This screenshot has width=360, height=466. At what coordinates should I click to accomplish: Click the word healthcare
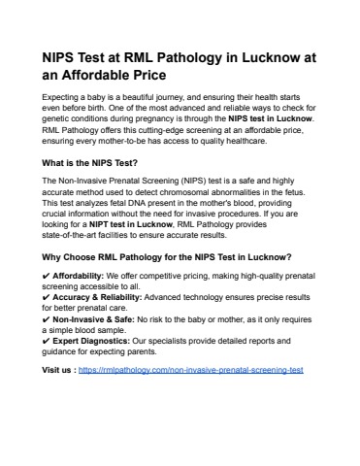click(241, 141)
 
